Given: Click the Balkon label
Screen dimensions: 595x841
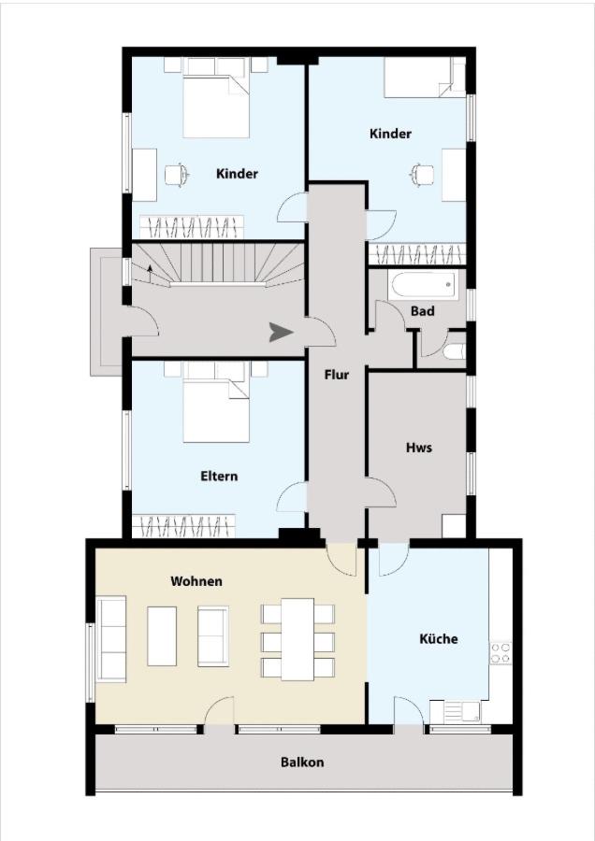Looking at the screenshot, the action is (302, 763).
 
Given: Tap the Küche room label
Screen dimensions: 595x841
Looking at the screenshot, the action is (438, 638).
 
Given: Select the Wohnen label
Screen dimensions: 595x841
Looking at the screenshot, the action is (196, 581).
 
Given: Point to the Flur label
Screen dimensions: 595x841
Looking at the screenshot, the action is (336, 375).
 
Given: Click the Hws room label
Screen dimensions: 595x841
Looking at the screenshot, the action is (419, 448).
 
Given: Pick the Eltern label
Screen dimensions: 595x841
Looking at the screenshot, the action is (219, 476).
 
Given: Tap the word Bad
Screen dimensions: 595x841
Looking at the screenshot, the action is (423, 310).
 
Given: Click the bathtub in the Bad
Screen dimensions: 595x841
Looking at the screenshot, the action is (425, 285).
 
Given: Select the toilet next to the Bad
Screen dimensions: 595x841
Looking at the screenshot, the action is (455, 351).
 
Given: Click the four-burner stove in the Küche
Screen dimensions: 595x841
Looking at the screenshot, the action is (501, 652).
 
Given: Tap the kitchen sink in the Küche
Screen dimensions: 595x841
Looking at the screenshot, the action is (455, 712).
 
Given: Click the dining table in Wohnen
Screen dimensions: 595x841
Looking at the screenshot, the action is (297, 639).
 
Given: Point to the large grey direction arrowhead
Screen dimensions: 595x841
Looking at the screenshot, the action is (281, 333).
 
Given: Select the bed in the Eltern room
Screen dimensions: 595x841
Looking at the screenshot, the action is (216, 402).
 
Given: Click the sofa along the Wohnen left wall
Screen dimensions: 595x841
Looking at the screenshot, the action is (110, 638).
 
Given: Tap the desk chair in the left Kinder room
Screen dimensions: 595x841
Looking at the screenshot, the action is (177, 175).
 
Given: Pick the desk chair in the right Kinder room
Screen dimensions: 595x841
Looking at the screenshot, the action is (423, 175).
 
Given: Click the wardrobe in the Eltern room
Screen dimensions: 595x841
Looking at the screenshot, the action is (183, 526).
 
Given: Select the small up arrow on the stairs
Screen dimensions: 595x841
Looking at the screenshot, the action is (150, 270).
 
